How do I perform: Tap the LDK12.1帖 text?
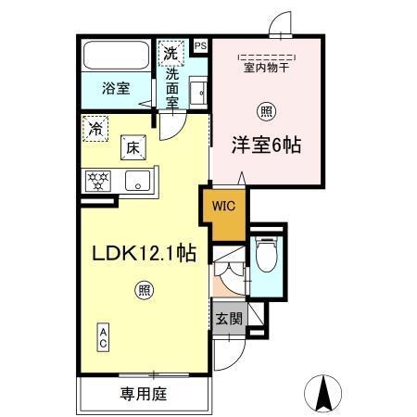tap(143, 253)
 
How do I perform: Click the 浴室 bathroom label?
tap(115, 88)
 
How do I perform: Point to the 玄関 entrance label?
tap(229, 320)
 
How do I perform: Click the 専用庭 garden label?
tap(143, 394)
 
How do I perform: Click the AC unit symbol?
tap(104, 336)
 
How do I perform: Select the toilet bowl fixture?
tap(266, 255)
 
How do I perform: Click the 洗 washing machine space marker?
tap(170, 53)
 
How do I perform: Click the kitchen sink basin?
tap(138, 181)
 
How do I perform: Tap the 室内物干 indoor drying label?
tap(267, 68)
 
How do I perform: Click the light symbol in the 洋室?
tap(267, 110)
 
